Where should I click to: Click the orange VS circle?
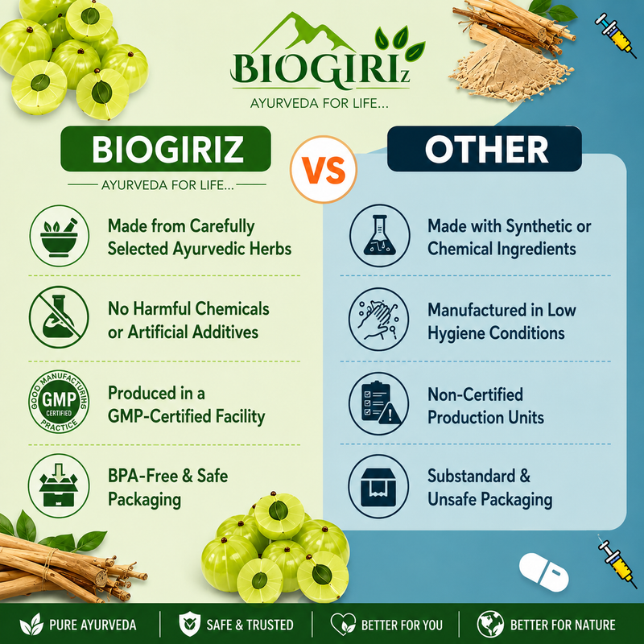(324, 169)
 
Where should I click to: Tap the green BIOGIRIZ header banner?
(166, 149)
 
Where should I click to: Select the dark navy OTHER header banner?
(485, 149)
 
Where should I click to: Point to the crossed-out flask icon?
(59, 317)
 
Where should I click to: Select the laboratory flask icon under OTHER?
(379, 236)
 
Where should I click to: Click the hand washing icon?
(378, 319)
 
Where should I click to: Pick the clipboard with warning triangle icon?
(378, 403)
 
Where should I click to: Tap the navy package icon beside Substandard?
(378, 487)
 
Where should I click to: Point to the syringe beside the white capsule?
(614, 556)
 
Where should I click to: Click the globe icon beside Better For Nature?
(490, 625)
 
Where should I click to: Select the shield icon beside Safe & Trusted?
(189, 625)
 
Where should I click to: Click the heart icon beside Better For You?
(344, 625)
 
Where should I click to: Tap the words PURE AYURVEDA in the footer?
(93, 625)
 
